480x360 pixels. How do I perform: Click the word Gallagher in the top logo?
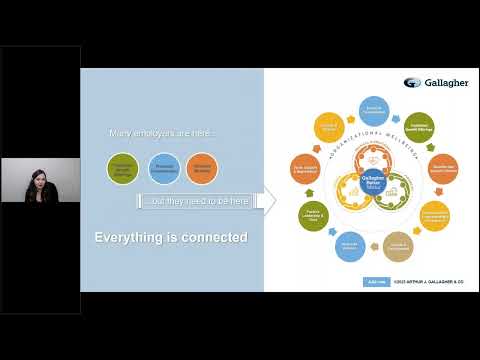446,83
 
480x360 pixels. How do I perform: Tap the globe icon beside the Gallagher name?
412,83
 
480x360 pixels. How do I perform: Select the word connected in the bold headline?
216,237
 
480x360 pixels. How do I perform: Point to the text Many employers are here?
161,134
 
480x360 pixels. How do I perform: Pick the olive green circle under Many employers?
123,168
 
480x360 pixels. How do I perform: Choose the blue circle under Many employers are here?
164,168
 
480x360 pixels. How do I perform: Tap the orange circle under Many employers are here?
202,168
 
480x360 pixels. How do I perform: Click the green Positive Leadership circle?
314,214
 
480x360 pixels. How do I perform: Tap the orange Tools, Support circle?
304,169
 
